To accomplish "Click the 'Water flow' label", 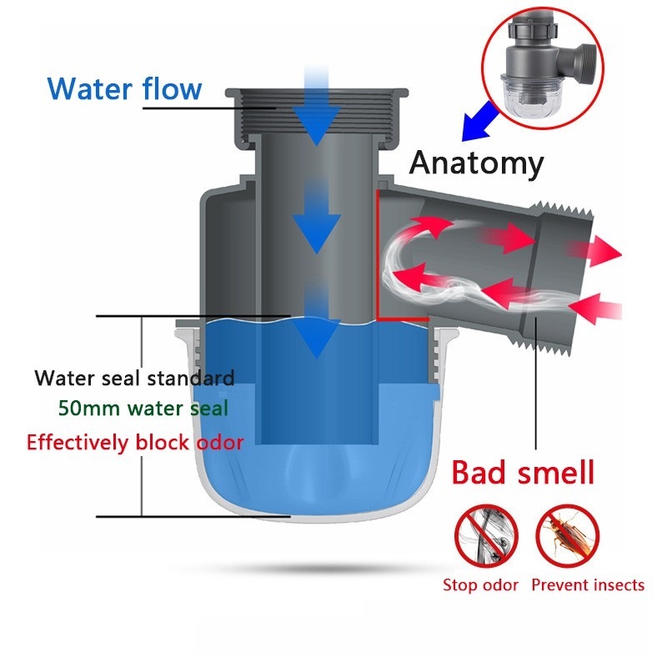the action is tap(124, 88).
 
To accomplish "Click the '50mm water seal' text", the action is tap(143, 409).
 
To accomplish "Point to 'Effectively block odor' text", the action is tap(135, 441).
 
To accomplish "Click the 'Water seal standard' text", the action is tap(134, 378).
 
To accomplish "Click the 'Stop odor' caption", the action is tap(480, 585).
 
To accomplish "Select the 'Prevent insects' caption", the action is tap(588, 585).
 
